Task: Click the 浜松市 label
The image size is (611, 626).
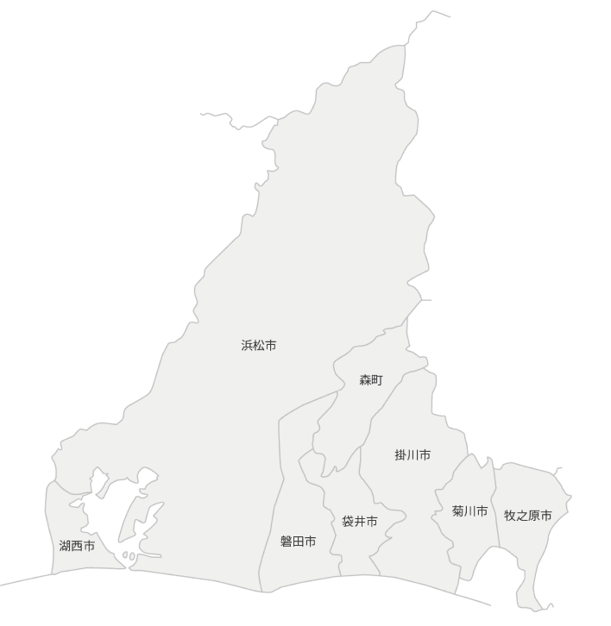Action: click(x=259, y=346)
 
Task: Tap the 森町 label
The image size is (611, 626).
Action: click(x=371, y=380)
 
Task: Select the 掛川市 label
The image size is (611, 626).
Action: click(x=413, y=455)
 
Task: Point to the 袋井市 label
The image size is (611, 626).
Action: click(x=360, y=522)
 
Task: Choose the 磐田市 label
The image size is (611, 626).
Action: click(x=298, y=542)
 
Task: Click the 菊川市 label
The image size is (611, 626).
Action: click(x=469, y=512)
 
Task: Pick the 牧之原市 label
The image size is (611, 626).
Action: click(x=528, y=516)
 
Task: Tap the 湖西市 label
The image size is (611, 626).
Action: click(x=77, y=546)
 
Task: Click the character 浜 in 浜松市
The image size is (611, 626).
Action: click(x=247, y=346)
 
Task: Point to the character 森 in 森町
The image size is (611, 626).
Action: click(x=365, y=380)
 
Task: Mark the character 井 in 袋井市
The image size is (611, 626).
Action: click(x=360, y=522)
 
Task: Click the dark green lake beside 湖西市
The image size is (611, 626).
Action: click(x=104, y=517)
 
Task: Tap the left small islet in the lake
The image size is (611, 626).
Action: click(x=124, y=554)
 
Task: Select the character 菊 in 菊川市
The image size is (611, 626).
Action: click(x=457, y=512)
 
